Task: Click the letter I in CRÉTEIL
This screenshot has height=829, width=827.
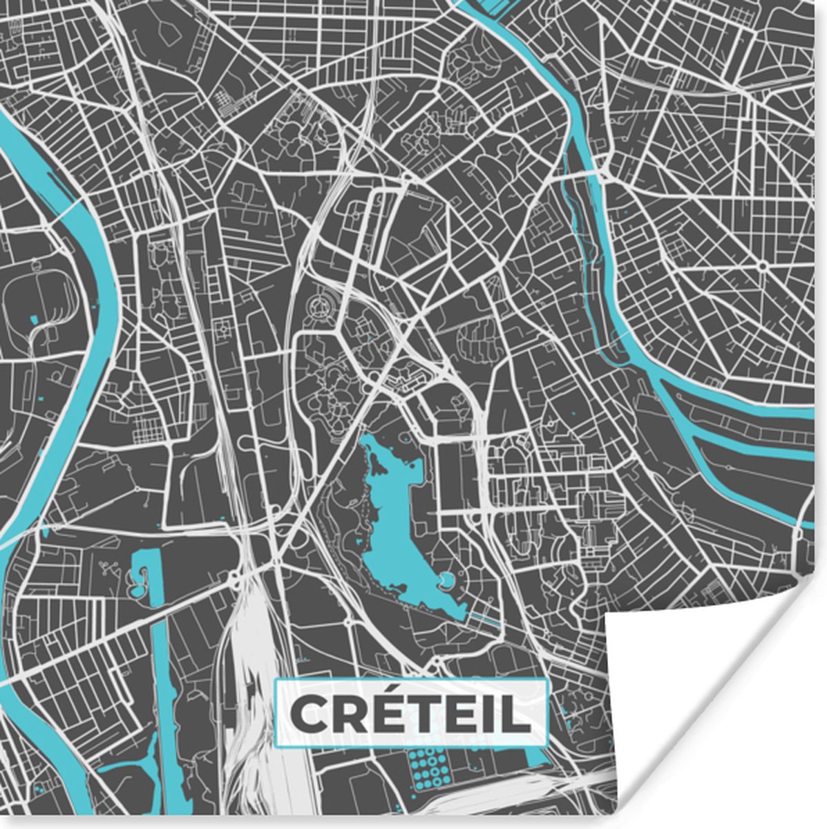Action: pyautogui.click(x=490, y=714)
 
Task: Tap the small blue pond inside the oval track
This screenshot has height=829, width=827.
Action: pyautogui.click(x=32, y=320)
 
